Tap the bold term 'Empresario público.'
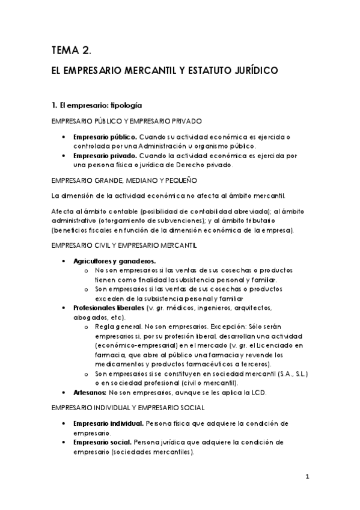[105, 137]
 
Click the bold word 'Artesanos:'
[89, 392]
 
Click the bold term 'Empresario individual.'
[109, 423]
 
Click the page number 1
[307, 478]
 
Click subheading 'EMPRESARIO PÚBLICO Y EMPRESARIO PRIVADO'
[126, 121]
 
